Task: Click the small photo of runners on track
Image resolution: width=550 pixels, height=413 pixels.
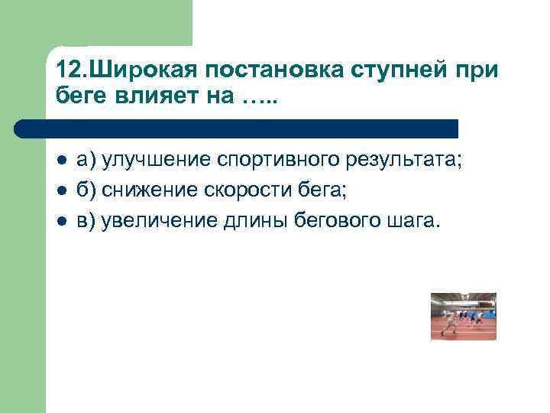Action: pos(463,316)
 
